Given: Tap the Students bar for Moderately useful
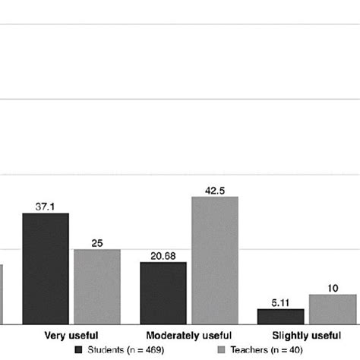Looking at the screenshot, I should pos(163,293).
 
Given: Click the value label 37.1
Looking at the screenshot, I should pos(45,207).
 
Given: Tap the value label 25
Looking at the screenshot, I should pos(96,243).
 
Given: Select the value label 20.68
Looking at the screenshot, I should pos(163,256).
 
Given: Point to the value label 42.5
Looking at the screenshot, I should pos(214,190).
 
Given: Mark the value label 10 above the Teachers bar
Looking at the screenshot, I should pos(332,288).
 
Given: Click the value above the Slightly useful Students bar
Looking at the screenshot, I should pos(280,302).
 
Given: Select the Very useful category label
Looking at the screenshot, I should pos(71,335).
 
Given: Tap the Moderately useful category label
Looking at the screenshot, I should pos(188,335).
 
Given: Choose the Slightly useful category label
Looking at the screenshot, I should pos(306,335).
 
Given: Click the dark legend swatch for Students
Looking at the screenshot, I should pos(79,350).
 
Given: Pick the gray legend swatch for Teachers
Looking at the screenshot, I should pos(222,350).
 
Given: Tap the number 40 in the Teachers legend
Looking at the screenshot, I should pos(289,350).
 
